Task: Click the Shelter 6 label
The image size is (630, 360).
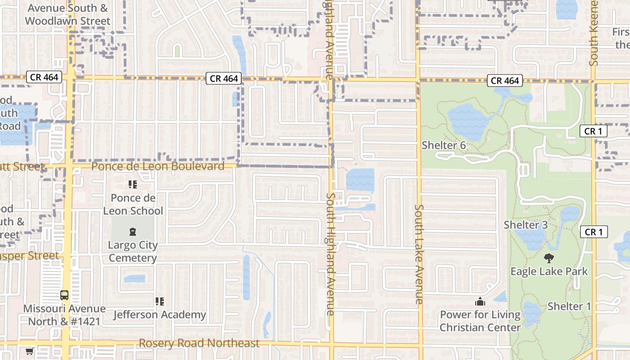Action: click(x=443, y=145)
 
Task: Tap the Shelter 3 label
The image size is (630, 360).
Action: click(x=526, y=225)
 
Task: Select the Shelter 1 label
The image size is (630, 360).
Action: click(x=569, y=306)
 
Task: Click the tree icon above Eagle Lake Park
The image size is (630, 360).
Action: click(x=549, y=258)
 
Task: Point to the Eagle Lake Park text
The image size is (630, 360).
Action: click(x=549, y=271)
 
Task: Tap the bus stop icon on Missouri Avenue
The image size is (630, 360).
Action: click(x=64, y=295)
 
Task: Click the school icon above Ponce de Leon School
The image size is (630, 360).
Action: click(x=132, y=184)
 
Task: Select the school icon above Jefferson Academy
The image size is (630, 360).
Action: click(x=159, y=301)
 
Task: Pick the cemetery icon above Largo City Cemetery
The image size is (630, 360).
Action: click(x=133, y=232)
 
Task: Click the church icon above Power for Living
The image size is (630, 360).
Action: click(x=480, y=301)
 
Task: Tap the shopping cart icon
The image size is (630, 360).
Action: click(x=29, y=351)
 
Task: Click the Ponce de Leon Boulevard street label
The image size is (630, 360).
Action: click(x=157, y=166)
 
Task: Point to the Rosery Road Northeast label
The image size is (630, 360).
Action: click(x=199, y=343)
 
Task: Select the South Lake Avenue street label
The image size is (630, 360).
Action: click(x=419, y=254)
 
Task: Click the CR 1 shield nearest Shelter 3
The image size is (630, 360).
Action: click(x=594, y=232)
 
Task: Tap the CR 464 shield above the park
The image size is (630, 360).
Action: click(x=505, y=81)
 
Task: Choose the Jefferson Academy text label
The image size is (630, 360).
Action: click(x=159, y=315)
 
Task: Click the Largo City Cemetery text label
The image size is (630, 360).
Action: click(x=133, y=252)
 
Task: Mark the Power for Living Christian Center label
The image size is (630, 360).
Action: click(x=480, y=321)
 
